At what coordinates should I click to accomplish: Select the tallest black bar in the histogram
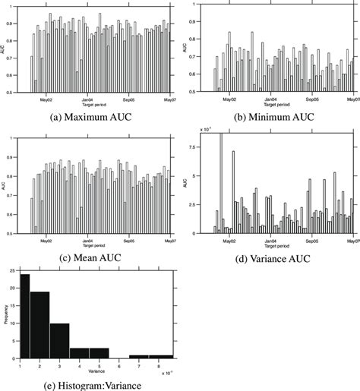(25, 315)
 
